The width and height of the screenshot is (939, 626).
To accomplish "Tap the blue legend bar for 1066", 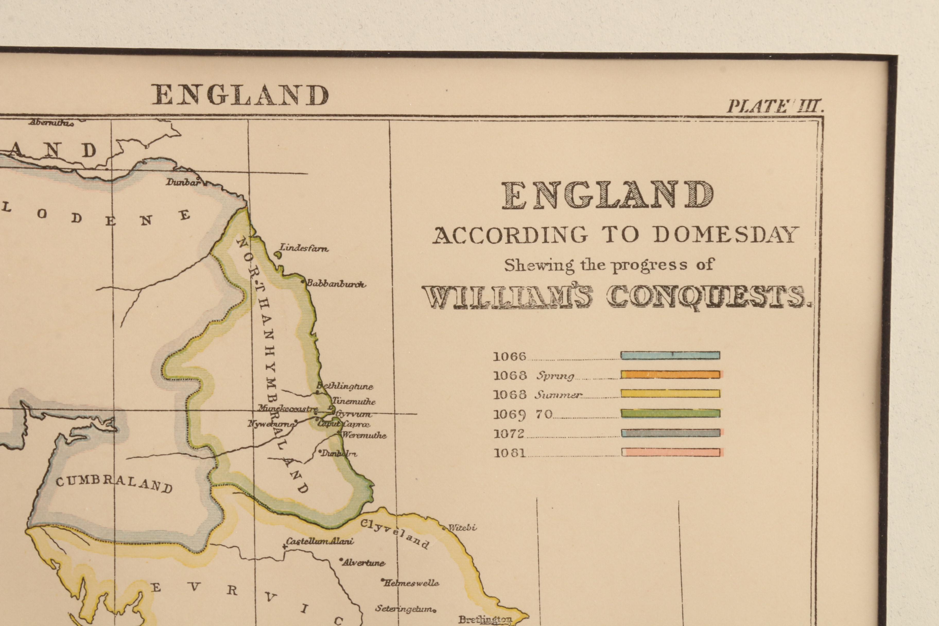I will click(x=670, y=355).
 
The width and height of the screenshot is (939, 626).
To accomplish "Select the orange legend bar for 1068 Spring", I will click(x=670, y=375).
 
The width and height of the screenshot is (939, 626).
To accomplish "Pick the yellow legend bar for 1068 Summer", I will click(x=670, y=394).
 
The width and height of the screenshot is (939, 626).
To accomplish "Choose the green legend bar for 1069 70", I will click(x=670, y=413).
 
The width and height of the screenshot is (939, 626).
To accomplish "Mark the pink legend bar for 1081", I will click(x=670, y=452).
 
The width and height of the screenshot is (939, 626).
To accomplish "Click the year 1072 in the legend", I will click(x=509, y=433).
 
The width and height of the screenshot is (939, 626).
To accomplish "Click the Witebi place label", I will click(x=462, y=527).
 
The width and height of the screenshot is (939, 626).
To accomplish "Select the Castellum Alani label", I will click(x=320, y=542).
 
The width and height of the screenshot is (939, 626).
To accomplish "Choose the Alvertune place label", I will click(x=363, y=563).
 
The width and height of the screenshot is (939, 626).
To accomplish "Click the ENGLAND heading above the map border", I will click(x=240, y=95).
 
